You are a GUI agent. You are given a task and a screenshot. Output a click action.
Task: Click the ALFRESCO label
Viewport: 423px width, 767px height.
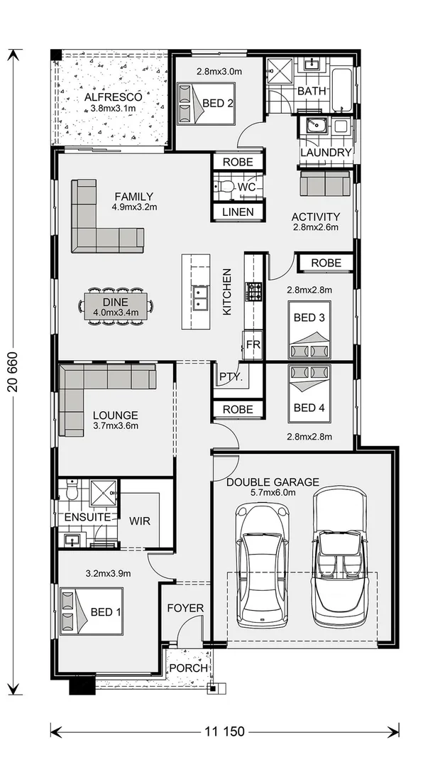[114, 97]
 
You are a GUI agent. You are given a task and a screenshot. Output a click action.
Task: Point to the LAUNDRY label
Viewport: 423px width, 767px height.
[326, 152]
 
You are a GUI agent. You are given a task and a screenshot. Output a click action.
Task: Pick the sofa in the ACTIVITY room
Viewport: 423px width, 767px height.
[325, 183]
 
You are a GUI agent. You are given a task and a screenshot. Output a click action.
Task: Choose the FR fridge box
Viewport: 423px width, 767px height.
[253, 344]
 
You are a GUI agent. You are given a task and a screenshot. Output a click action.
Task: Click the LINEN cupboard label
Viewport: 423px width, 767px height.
[238, 212]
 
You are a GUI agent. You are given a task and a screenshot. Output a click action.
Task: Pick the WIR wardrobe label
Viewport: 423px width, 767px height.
[140, 521]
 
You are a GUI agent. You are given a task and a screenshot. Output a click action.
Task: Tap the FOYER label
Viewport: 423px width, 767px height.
[185, 609]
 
